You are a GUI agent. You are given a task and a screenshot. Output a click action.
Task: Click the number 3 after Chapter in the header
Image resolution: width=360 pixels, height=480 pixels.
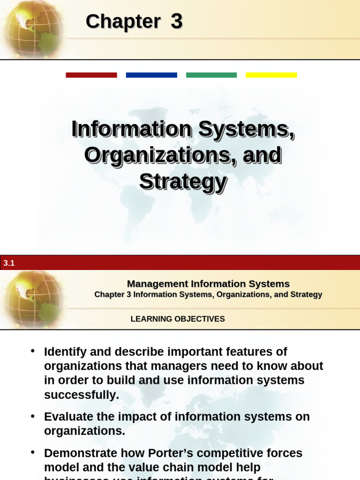(176, 22)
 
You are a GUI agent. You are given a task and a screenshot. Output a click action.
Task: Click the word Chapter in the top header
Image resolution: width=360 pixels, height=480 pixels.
(123, 22)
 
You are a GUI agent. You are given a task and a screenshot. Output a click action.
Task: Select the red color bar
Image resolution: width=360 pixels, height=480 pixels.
(91, 75)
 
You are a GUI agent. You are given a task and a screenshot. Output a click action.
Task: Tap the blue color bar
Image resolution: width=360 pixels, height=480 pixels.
(151, 75)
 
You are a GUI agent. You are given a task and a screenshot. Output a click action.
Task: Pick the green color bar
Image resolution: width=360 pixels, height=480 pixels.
(211, 75)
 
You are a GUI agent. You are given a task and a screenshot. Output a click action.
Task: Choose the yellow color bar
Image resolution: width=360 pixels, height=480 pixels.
(271, 75)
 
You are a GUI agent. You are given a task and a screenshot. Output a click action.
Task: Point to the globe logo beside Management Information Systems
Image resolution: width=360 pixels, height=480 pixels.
(32, 299)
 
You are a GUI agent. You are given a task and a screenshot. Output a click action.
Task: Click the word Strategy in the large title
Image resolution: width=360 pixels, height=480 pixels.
(183, 181)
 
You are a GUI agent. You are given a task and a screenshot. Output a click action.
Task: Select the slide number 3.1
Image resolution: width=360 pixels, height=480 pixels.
(9, 263)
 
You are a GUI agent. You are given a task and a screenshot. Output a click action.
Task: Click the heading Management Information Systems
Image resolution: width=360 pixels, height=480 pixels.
(208, 284)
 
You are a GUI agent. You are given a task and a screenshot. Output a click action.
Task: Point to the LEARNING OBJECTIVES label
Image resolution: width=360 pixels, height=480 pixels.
(178, 319)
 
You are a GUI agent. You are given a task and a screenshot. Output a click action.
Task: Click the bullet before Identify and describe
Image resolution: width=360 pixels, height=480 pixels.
(32, 352)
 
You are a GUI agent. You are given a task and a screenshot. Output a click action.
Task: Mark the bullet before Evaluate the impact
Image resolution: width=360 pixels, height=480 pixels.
(32, 416)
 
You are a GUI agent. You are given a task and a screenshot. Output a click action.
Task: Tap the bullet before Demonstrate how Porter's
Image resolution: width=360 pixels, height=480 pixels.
(32, 453)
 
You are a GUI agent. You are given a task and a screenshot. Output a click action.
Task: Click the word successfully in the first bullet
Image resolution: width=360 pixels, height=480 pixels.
(82, 395)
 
